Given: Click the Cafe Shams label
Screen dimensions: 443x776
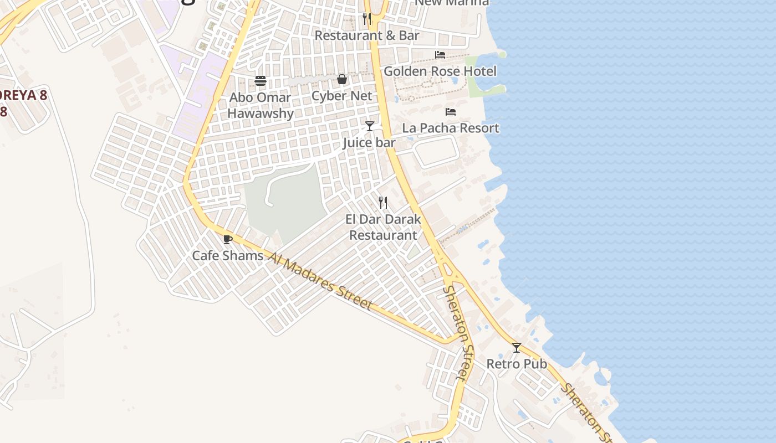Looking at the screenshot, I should click(228, 256).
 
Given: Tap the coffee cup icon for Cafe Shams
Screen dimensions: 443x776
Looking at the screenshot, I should click(227, 239).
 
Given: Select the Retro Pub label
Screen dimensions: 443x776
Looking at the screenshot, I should click(517, 364).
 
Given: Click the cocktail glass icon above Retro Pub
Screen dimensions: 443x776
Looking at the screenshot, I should click(517, 348).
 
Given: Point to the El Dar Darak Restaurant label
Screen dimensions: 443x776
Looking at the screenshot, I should click(383, 227).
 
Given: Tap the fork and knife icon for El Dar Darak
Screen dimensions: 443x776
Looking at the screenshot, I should click(383, 203).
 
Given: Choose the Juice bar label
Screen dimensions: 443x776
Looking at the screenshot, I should click(369, 143).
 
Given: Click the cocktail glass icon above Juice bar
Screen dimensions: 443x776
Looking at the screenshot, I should click(370, 126).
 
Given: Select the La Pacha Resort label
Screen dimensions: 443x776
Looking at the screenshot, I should click(451, 128).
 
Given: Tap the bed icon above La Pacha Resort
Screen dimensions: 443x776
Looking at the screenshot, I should click(451, 112).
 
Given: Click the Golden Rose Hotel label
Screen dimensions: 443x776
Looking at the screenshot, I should click(440, 71).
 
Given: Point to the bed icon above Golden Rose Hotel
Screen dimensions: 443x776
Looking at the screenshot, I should click(440, 55).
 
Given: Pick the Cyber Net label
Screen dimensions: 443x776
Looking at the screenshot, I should click(342, 96).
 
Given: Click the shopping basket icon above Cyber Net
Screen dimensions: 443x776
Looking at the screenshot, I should click(342, 80).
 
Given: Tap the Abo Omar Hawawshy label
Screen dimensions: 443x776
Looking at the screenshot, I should click(261, 105).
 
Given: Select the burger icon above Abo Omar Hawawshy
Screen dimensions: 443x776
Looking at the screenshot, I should click(261, 81).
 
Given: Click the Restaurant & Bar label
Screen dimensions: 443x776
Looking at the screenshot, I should click(367, 35).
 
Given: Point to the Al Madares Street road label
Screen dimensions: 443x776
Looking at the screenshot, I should click(320, 281).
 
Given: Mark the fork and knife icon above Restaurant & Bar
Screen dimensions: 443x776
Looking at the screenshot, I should click(367, 19).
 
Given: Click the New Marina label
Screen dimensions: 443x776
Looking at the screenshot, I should click(452, 3).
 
